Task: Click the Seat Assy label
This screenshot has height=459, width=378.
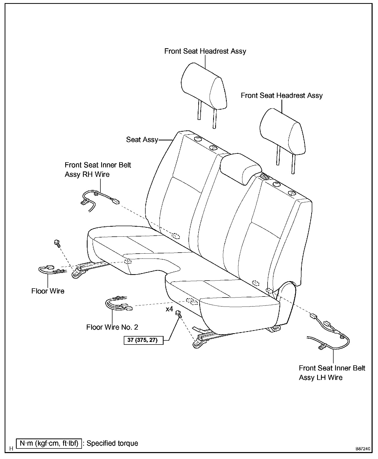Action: tap(142, 140)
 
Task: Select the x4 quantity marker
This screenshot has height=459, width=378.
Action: tap(169, 309)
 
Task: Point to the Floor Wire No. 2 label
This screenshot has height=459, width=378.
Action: tap(112, 327)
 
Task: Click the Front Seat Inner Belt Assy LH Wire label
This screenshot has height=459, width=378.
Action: tap(332, 373)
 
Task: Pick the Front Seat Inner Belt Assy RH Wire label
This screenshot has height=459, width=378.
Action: tap(98, 169)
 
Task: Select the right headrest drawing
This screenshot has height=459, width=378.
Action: tap(282, 133)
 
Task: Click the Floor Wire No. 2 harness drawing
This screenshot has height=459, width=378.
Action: tap(118, 304)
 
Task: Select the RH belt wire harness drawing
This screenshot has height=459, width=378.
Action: tap(99, 199)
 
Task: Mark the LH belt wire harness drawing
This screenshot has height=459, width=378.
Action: tap(331, 334)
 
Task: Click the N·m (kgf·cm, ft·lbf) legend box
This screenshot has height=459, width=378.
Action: tap(49, 443)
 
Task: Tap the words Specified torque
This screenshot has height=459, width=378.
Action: tap(112, 443)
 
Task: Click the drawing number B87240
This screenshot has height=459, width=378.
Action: tap(363, 449)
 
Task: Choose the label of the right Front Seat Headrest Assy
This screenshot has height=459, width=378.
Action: tap(281, 95)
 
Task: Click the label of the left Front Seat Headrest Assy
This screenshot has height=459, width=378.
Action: tap(205, 51)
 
